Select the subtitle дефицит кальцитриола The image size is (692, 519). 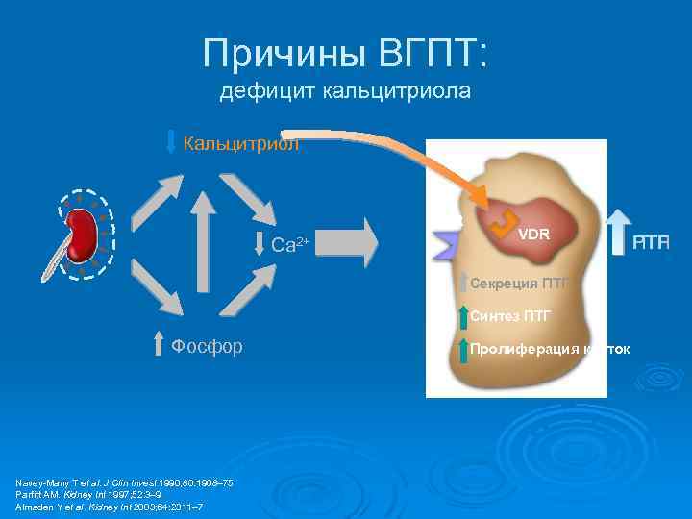coord(345,92)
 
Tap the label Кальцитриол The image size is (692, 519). coord(241,144)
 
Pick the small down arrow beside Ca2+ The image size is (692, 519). coord(259,244)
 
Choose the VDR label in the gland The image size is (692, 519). coord(533,234)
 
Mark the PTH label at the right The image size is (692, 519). coord(652,244)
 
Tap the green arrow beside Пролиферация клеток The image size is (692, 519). coord(463,348)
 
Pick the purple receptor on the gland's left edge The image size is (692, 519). coord(446,240)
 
